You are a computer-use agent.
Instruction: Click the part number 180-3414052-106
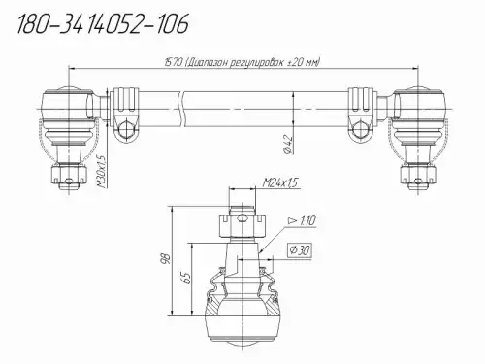click(103, 24)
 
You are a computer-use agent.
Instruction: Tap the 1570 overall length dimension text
click(242, 62)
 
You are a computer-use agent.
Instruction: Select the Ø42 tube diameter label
click(289, 144)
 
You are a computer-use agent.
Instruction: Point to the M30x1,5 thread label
click(102, 172)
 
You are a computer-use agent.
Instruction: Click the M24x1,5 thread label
click(280, 182)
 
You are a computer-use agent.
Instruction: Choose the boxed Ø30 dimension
click(300, 249)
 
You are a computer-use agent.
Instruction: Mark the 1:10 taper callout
click(302, 221)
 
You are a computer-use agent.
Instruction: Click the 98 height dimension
click(167, 259)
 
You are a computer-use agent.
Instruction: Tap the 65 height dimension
click(187, 278)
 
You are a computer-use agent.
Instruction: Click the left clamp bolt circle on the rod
click(125, 129)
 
